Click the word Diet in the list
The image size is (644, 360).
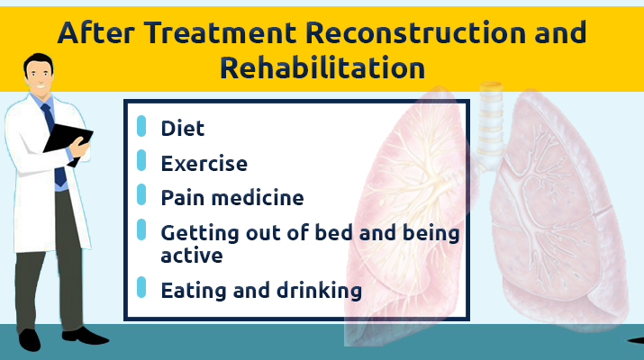tap(182, 129)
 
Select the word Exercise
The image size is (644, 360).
tap(204, 164)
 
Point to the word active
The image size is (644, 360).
tap(192, 256)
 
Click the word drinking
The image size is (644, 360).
tap(319, 291)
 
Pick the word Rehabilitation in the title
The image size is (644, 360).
tap(322, 67)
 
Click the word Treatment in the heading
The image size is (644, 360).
tap(220, 32)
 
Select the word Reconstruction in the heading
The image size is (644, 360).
tap(416, 32)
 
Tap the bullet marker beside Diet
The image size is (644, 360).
tap(141, 126)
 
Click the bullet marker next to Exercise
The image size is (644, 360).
tap(141, 160)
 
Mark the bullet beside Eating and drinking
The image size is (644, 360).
tap(141, 287)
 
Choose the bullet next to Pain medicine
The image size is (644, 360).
tap(141, 194)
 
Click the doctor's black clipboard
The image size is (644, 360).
tap(68, 140)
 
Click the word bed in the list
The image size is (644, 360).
tap(333, 233)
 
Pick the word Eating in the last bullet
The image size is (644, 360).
tap(195, 291)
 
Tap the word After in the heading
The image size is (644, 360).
tap(95, 32)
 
